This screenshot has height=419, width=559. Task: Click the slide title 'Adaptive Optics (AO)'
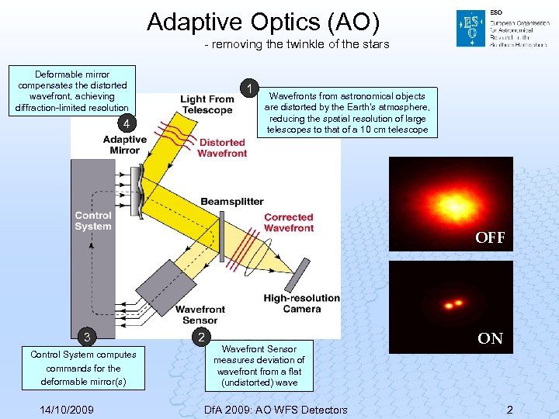263,22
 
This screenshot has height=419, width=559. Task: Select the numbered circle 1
248,88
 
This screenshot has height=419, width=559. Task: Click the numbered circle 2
202,338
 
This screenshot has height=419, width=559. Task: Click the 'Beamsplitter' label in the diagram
232,202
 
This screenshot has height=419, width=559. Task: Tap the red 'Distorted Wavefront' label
222,148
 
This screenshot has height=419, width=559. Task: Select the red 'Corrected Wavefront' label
288,223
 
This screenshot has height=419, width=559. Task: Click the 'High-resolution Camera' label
301,303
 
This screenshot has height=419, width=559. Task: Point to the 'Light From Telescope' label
207,105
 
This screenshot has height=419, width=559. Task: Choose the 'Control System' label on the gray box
92,221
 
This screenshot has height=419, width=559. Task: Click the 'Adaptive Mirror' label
124,145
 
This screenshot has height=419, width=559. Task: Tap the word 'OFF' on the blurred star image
490,238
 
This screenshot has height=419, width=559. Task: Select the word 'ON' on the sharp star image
490,338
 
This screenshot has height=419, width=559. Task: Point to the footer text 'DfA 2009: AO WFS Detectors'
275,410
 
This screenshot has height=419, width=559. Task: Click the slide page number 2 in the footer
509,410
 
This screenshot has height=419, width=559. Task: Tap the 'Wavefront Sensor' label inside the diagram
200,314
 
